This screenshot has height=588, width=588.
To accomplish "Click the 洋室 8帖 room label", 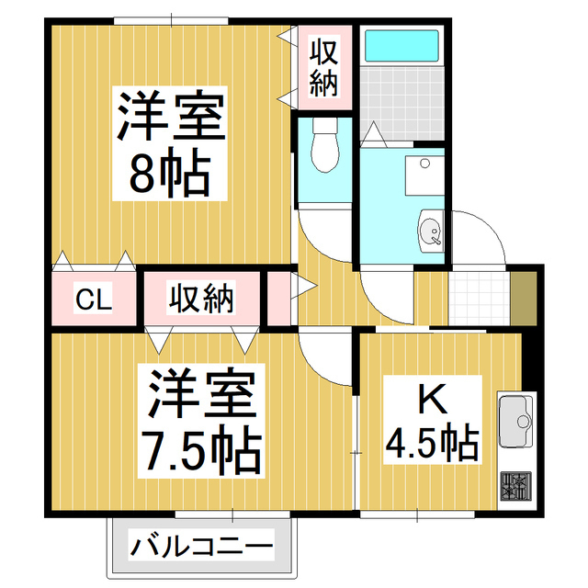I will click(x=170, y=142).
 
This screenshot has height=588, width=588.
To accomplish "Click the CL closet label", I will click(x=93, y=299).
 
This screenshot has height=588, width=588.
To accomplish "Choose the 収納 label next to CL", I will click(x=200, y=299).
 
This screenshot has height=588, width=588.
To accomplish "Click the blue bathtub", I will click(x=401, y=46).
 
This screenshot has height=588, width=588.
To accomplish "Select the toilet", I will click(x=323, y=147).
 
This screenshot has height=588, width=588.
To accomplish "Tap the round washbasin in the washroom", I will click(x=430, y=230).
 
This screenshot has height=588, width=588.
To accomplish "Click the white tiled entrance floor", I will click(x=479, y=297).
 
